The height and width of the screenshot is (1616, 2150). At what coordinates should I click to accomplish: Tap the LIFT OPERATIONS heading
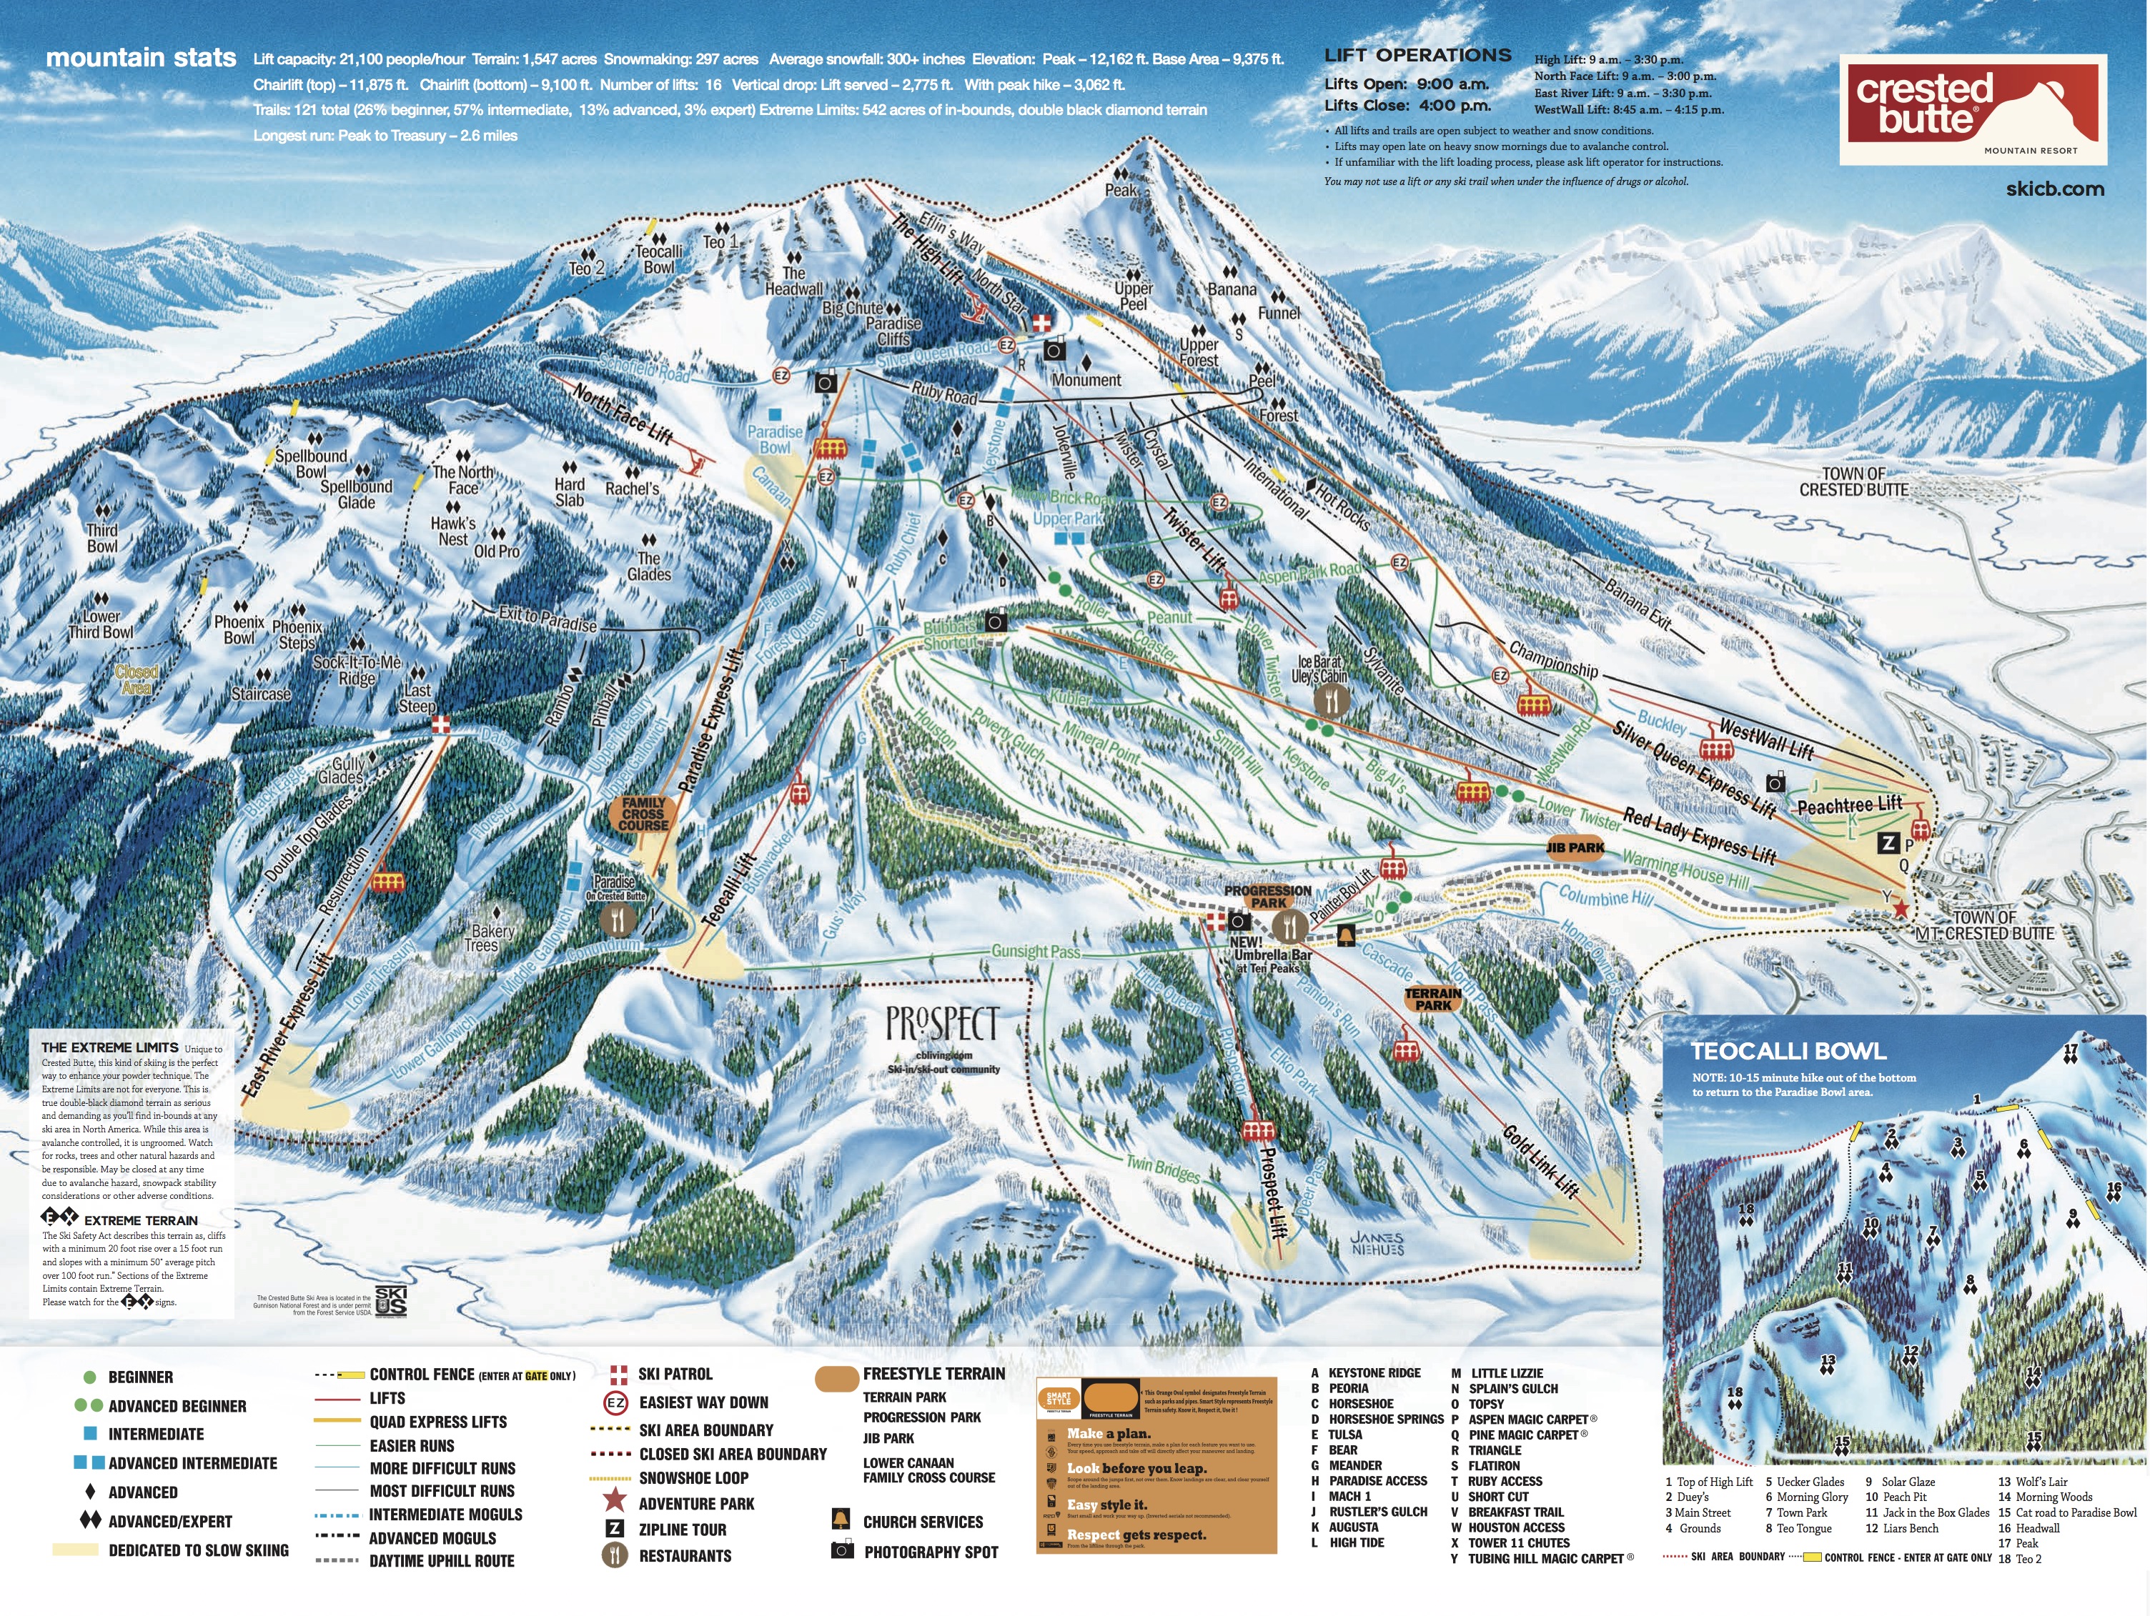pos(1417,56)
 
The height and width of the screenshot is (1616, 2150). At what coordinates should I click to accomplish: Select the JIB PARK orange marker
pos(1575,847)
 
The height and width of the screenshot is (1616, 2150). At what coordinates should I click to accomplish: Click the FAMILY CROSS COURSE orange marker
pos(643,814)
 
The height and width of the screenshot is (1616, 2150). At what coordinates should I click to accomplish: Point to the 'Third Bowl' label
pos(102,537)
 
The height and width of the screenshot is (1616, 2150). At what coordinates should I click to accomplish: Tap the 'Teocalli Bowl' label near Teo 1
pos(658,259)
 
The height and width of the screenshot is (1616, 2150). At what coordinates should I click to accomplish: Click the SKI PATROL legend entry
pos(675,1374)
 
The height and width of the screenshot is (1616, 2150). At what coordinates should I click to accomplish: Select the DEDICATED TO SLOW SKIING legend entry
pos(197,1550)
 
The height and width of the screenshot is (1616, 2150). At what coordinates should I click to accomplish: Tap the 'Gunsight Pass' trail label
pos(1035,952)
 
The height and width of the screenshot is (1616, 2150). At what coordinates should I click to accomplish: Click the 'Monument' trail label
pos(1086,380)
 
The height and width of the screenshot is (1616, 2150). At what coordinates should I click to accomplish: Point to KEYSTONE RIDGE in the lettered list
pos(1373,1372)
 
